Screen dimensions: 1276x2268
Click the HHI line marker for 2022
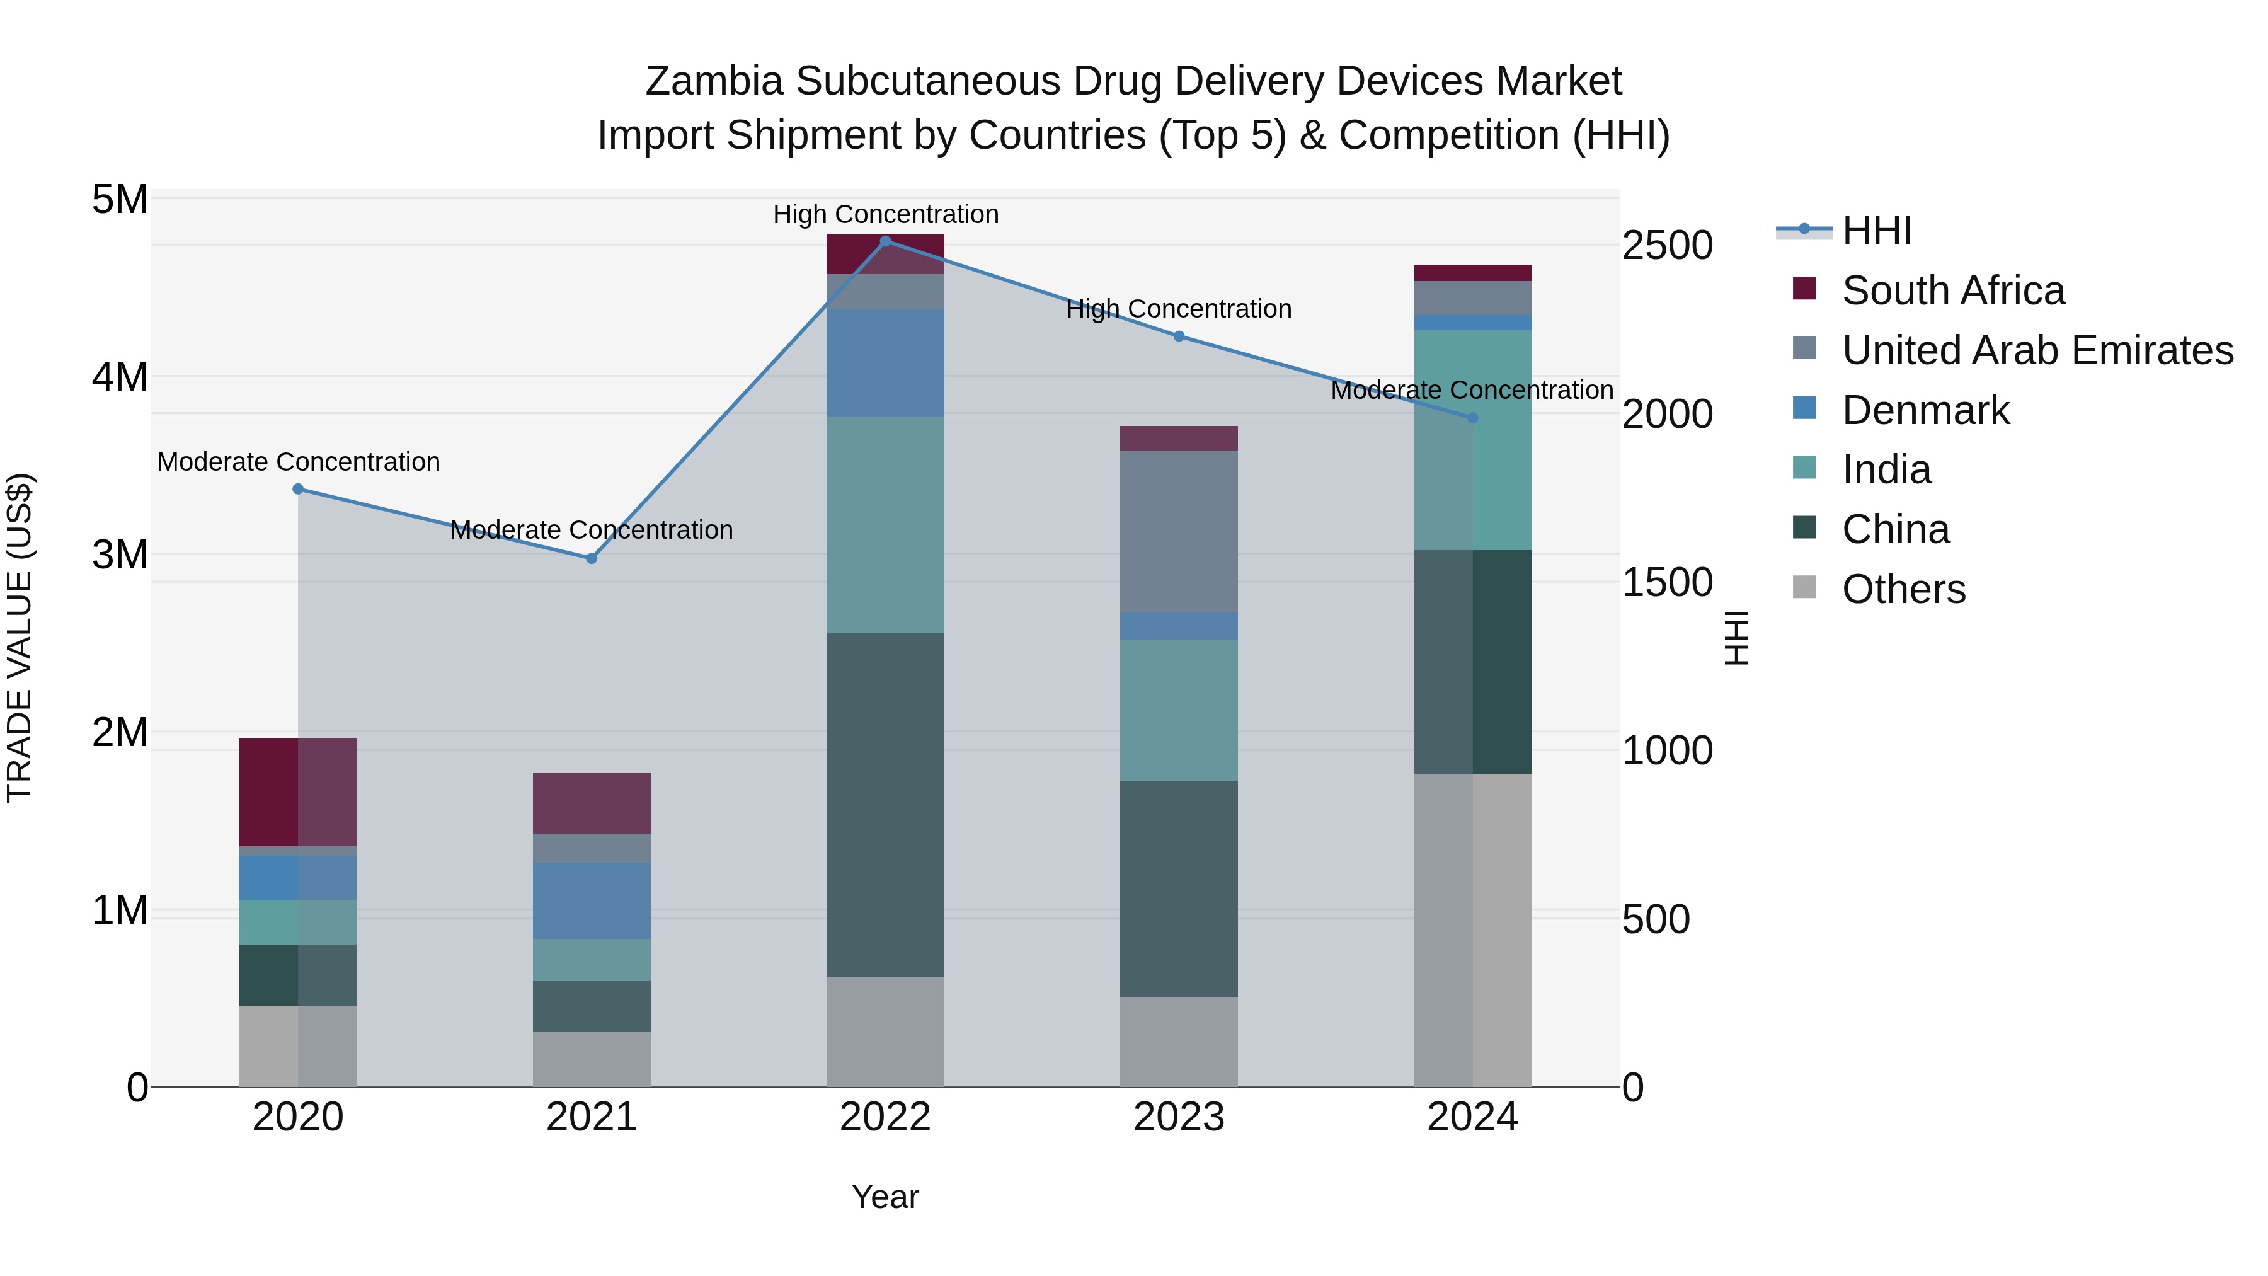[x=886, y=241]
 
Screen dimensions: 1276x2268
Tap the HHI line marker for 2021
[x=592, y=558]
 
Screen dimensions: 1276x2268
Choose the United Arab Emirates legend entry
[x=2036, y=350]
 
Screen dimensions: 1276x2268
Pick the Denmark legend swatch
[x=1804, y=408]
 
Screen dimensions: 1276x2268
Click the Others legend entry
[x=1903, y=589]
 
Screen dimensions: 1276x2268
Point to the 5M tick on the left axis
[x=120, y=200]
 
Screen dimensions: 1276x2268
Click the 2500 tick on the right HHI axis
[x=1666, y=246]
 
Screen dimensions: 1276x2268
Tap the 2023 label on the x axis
[x=1179, y=1117]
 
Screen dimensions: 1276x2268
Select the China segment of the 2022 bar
[x=886, y=804]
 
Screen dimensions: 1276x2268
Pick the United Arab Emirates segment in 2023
[x=1179, y=531]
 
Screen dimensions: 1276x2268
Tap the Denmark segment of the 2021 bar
[x=592, y=900]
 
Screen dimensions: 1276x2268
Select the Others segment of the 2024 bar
[x=1472, y=930]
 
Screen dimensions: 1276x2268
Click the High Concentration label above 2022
[x=886, y=215]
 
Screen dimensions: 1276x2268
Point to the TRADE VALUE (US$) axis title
[x=20, y=638]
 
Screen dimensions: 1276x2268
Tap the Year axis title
[x=885, y=1197]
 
